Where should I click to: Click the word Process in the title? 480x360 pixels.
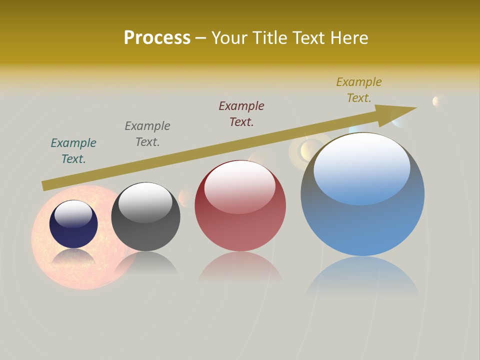pos(157,38)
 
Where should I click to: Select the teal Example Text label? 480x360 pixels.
pos(73,151)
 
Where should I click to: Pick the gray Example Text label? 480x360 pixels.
pos(147,134)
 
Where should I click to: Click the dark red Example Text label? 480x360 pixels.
pos(241,114)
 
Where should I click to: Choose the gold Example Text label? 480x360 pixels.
pos(359,90)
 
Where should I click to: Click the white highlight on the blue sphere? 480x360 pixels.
pos(361,167)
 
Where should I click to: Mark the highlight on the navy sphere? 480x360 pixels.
pos(73,214)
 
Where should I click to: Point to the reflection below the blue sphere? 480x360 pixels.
pos(362,277)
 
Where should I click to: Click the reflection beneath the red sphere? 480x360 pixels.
pos(240,267)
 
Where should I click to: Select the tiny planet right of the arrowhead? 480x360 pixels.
pos(438,101)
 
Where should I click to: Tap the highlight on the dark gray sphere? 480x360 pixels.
pos(145,201)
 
